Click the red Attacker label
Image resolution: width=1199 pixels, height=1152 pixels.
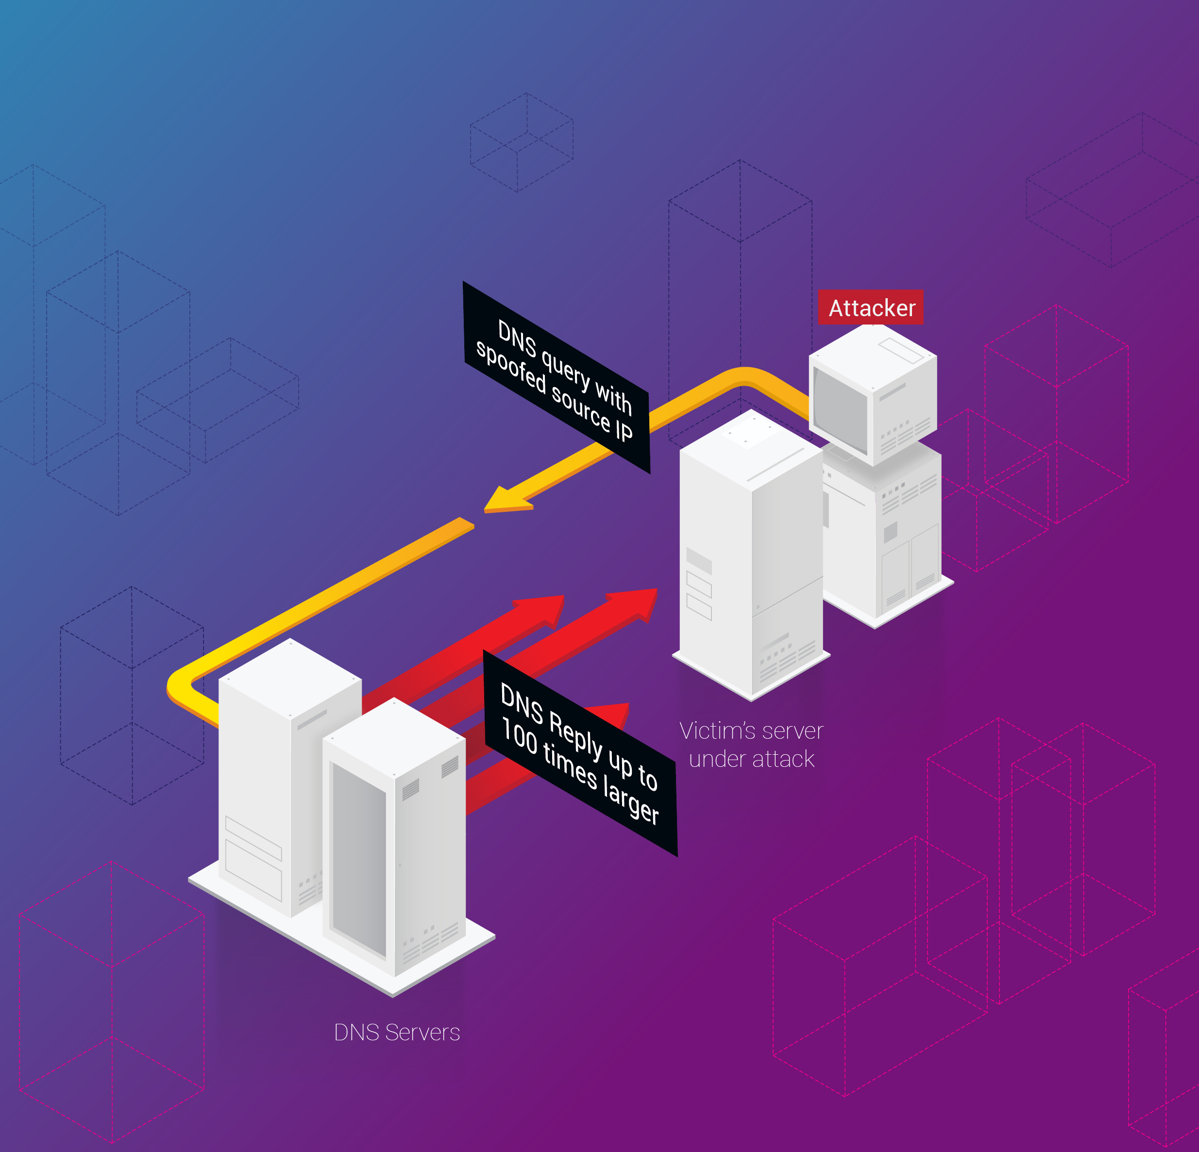[871, 307]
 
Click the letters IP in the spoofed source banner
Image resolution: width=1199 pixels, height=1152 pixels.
[624, 430]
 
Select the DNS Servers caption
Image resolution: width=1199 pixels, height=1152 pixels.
[397, 1032]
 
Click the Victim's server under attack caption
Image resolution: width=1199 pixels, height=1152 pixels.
[751, 745]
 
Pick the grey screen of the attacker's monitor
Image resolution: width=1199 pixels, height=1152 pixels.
[841, 409]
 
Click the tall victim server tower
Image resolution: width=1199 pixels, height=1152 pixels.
[751, 554]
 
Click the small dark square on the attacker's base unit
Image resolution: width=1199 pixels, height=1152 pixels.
[891, 532]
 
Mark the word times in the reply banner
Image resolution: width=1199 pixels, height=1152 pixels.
[570, 767]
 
